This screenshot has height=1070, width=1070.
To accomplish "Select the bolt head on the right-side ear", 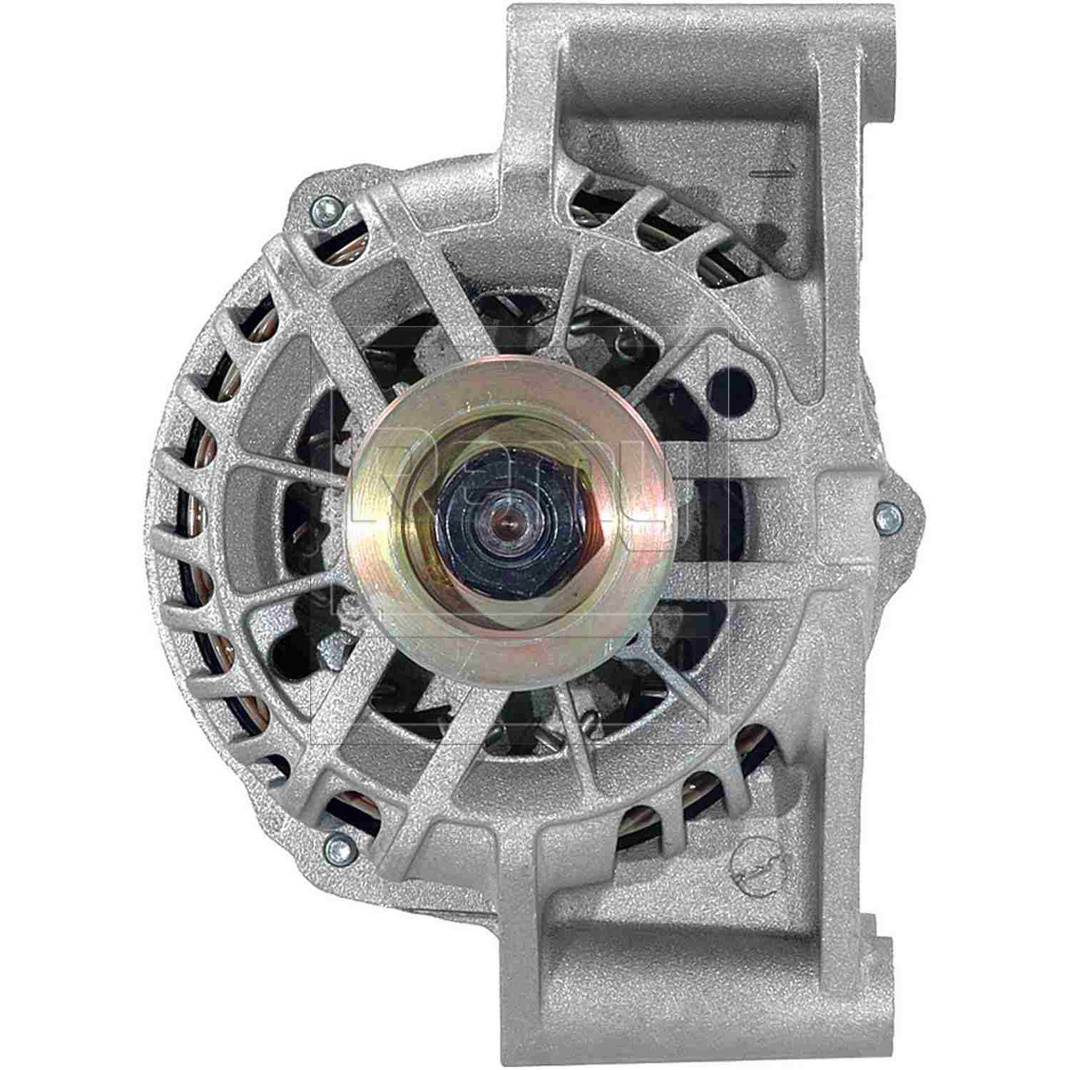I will click(887, 510).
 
